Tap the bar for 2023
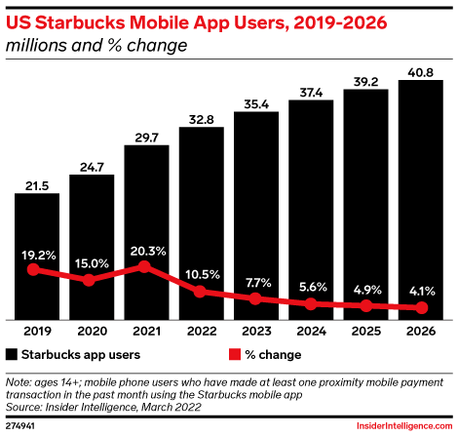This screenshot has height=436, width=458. (256, 215)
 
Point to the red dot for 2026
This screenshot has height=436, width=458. (421, 308)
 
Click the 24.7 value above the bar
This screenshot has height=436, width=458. (92, 166)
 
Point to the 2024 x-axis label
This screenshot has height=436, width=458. (311, 332)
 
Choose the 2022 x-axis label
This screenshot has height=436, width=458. (202, 332)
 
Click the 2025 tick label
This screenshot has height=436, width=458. (366, 332)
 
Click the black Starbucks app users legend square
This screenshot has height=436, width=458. (12, 354)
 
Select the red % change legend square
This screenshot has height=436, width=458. (235, 354)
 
